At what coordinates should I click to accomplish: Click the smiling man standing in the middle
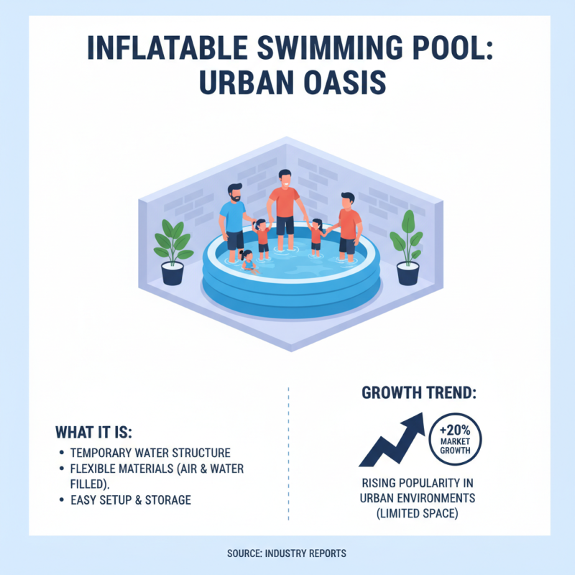tap(284, 205)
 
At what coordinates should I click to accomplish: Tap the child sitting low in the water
tap(249, 261)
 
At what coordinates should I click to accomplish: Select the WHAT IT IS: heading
tap(94, 433)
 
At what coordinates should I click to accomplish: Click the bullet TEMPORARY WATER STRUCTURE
tap(150, 454)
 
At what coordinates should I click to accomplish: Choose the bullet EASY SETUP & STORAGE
tap(131, 500)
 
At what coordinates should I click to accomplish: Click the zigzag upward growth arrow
tap(392, 439)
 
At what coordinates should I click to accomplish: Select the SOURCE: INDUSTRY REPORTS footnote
tap(287, 553)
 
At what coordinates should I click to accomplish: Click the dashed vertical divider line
tap(287, 453)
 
